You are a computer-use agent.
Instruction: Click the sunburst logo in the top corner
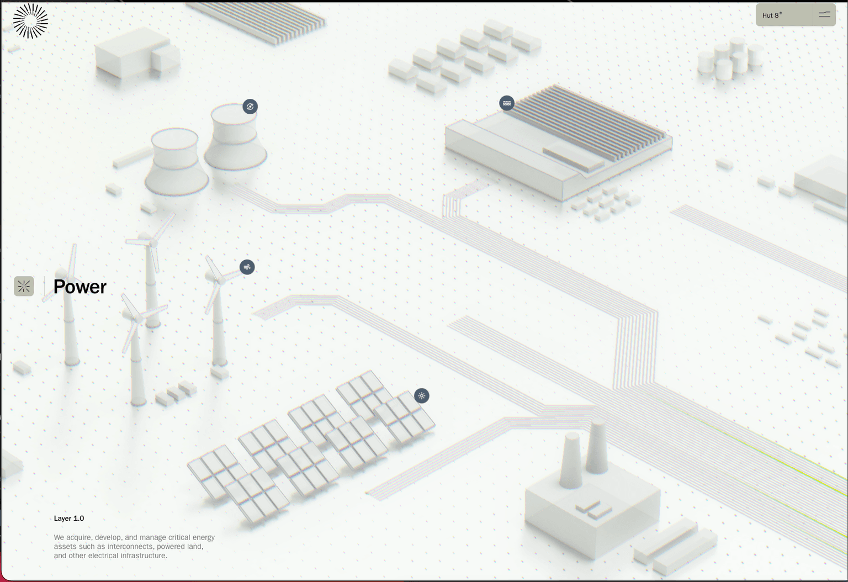tap(30, 21)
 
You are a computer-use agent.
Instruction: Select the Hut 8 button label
tap(772, 15)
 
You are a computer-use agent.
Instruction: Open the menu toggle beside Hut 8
tap(824, 15)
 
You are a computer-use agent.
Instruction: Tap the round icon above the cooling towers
tap(250, 107)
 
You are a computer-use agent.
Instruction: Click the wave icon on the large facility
tap(506, 103)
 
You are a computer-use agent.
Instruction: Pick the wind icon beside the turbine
tap(247, 267)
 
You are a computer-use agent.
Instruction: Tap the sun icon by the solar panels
tap(421, 396)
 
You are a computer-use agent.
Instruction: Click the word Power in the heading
tap(80, 287)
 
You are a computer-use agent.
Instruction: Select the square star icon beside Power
tap(24, 286)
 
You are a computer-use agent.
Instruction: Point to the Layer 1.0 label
tap(69, 518)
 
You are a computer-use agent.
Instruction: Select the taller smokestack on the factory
tap(597, 446)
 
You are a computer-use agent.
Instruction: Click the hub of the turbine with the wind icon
tap(221, 281)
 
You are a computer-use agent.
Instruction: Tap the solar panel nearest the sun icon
tap(404, 416)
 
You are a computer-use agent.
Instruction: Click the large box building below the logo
tap(137, 53)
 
